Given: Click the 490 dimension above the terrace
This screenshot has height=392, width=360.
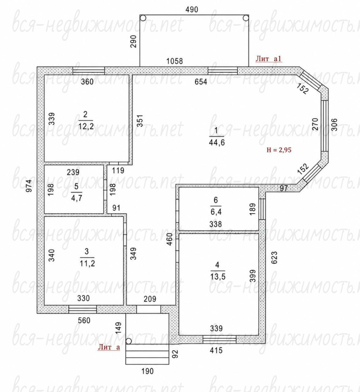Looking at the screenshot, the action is coord(192,9).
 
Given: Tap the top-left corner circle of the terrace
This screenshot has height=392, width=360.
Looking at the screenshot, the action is coord(143,18).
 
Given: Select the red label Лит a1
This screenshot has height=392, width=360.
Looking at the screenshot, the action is coord(268,59).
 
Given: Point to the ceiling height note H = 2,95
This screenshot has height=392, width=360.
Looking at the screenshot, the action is coord(279,150).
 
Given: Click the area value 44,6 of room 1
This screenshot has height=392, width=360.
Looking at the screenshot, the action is coord(217,143).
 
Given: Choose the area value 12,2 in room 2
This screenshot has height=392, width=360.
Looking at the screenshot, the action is coord(86,126).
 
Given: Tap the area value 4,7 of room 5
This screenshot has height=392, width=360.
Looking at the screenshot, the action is coord(76,198).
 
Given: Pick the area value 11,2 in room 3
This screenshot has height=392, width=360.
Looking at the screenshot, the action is coord(87,263).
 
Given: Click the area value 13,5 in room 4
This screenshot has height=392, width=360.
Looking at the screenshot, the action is coord(218,276).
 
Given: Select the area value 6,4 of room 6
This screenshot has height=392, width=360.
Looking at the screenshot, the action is coord(216,212).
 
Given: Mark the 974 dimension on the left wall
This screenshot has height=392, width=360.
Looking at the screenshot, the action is coord(29,186).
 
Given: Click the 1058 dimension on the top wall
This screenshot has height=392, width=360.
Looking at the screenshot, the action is coord(174,61).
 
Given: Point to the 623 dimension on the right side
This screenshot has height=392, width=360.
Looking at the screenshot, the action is coord(274,258).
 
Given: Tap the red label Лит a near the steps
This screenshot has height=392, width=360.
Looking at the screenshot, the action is coord(109,347).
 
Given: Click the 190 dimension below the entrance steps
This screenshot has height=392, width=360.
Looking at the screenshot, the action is coord(148,371).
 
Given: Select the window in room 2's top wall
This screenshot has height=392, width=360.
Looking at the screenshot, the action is coord(89,71).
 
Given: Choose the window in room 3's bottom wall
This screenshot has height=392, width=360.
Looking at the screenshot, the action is coord(83,309).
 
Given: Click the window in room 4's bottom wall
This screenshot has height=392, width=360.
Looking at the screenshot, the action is coord(219,339).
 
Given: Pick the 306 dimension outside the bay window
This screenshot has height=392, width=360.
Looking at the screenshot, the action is coord(334,124).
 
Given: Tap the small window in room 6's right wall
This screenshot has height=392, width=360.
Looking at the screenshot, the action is coord(262,209).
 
